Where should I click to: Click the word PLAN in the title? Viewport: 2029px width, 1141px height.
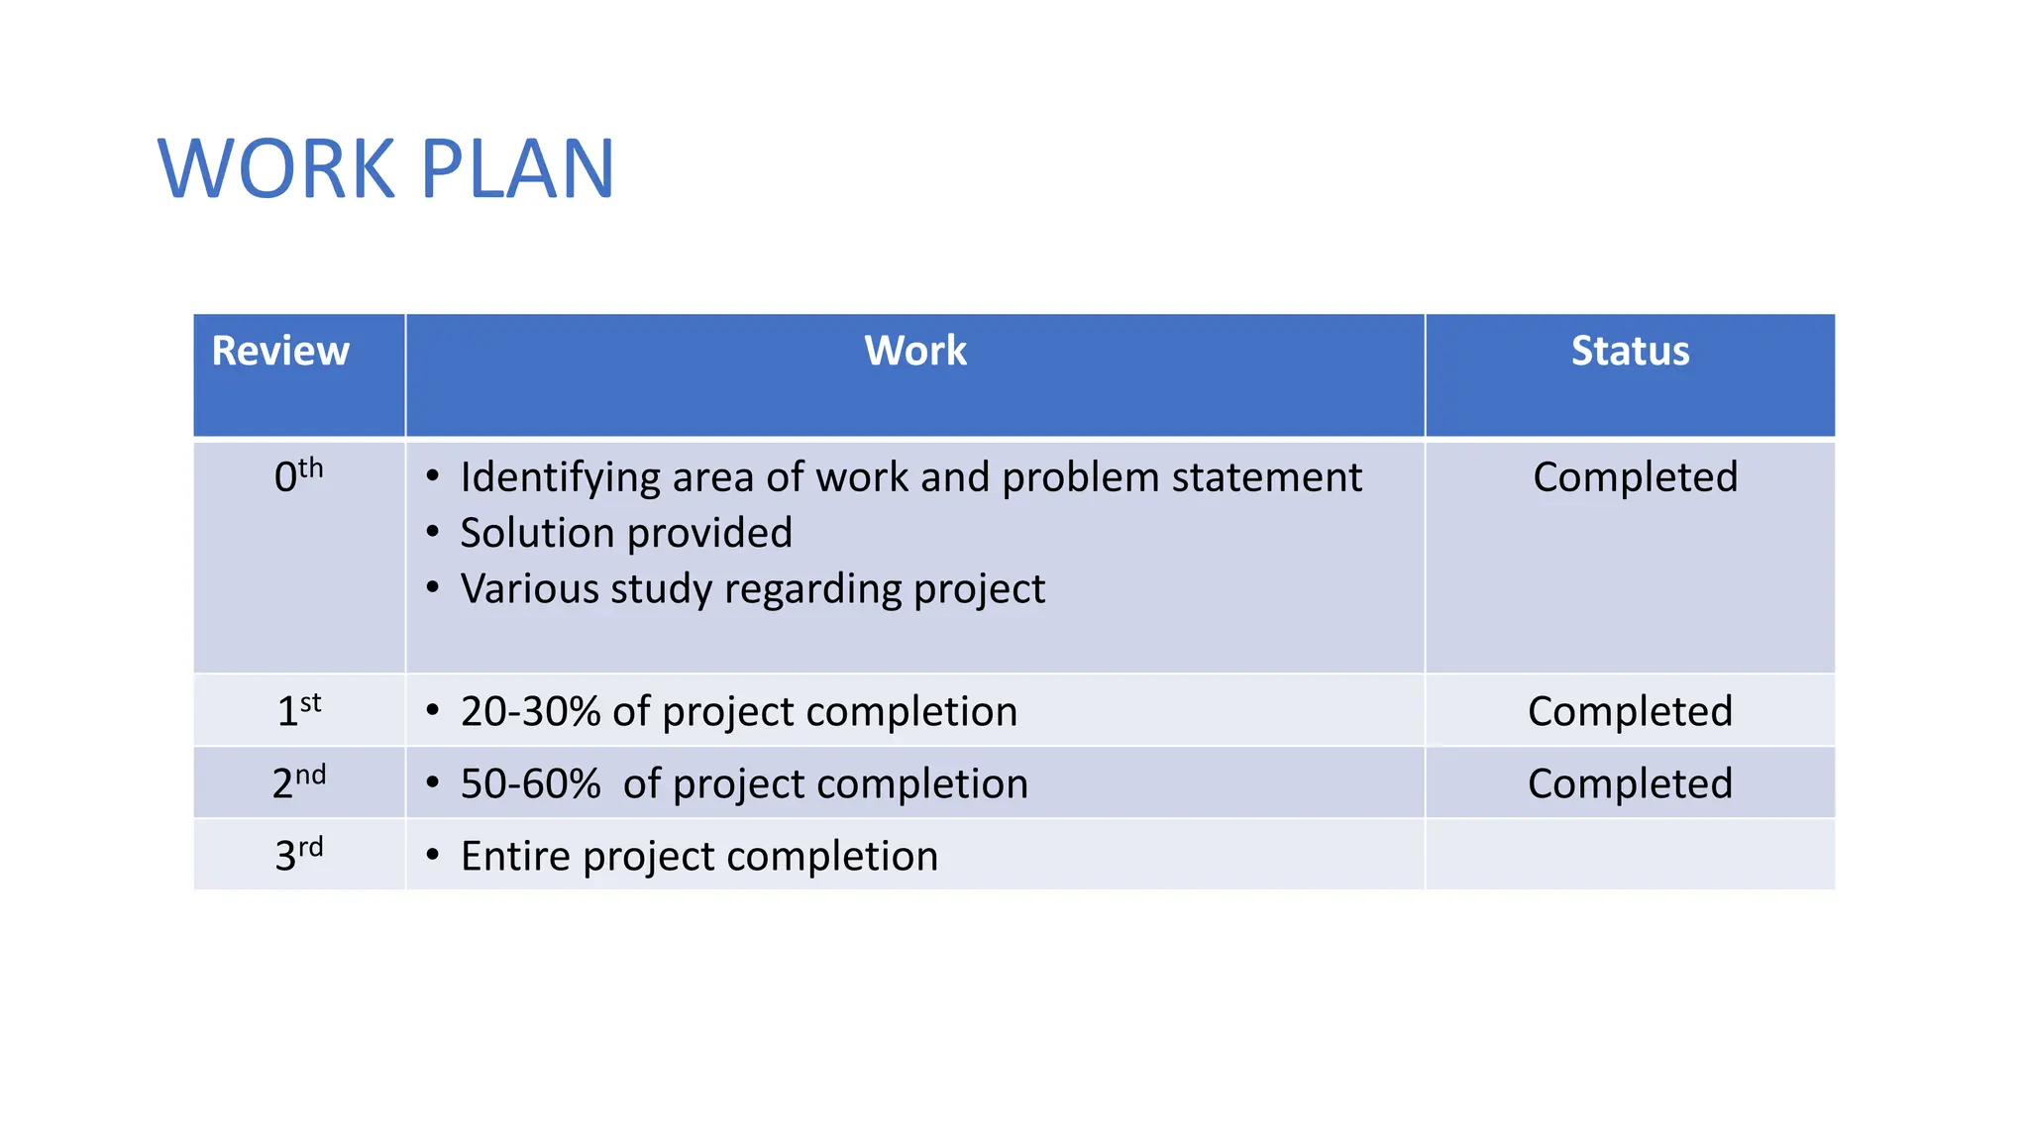point(517,169)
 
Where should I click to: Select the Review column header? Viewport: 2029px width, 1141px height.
point(280,352)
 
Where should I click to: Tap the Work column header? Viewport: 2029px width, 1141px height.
point(914,352)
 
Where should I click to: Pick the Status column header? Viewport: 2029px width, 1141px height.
point(1630,352)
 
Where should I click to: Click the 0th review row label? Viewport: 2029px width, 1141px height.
point(298,476)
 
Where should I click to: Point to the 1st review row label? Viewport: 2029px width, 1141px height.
point(298,710)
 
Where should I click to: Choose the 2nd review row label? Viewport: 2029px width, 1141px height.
point(298,782)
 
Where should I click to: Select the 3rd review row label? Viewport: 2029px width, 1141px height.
point(298,855)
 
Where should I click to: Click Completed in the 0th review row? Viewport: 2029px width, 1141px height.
point(1635,477)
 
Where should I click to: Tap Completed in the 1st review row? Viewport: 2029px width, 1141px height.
point(1630,711)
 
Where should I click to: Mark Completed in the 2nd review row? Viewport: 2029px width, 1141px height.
point(1630,783)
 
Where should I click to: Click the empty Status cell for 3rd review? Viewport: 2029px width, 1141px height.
point(1630,855)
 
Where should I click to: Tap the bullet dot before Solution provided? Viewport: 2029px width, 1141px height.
point(433,533)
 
